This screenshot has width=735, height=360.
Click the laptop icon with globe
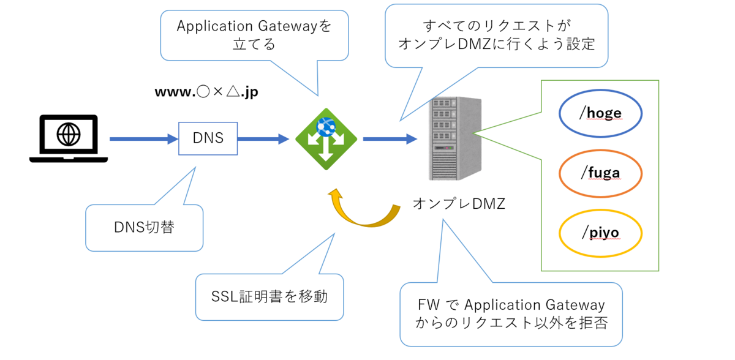coord(68,138)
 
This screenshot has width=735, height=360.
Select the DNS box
coord(208,138)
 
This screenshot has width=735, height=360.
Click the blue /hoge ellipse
coord(600,113)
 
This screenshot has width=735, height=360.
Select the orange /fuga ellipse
coord(600,173)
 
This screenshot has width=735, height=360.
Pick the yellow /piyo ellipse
coord(600,233)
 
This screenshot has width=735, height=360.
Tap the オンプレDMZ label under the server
coord(459,204)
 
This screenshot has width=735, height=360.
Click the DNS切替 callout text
coord(144,228)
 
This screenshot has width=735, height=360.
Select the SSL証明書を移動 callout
coord(269,297)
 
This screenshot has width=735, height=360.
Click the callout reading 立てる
coord(254,45)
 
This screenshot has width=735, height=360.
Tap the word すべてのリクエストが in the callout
coord(496,26)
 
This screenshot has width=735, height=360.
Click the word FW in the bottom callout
coord(428,304)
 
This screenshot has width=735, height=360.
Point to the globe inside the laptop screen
coord(68,134)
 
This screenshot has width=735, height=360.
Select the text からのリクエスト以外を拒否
coord(511,323)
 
